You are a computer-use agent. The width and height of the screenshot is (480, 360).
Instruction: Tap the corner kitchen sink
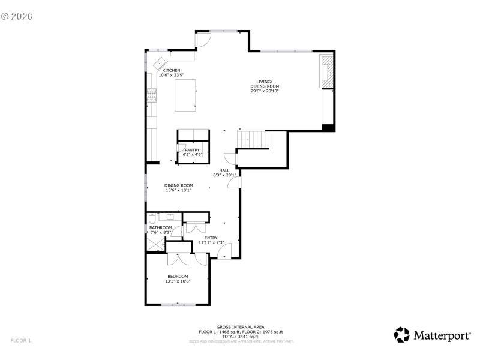click(161, 62)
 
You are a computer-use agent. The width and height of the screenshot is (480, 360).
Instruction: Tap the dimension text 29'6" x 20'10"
click(265, 91)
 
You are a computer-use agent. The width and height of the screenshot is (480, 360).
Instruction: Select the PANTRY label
click(192, 150)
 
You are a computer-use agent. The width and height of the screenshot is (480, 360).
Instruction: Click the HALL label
click(224, 170)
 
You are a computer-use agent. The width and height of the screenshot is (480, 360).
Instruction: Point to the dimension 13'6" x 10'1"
click(178, 191)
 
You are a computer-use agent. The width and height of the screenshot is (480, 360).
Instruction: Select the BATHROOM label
click(161, 228)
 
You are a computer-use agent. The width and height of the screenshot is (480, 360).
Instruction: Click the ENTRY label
click(211, 238)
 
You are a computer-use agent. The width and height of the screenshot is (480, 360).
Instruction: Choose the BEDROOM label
click(178, 276)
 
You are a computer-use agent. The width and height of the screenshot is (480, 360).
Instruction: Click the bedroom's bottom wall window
click(178, 305)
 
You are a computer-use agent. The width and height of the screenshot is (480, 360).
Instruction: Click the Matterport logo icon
click(401, 335)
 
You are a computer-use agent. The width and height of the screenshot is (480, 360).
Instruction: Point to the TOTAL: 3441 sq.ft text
click(241, 337)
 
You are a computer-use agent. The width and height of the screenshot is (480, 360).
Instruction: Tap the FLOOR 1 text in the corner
click(20, 341)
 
